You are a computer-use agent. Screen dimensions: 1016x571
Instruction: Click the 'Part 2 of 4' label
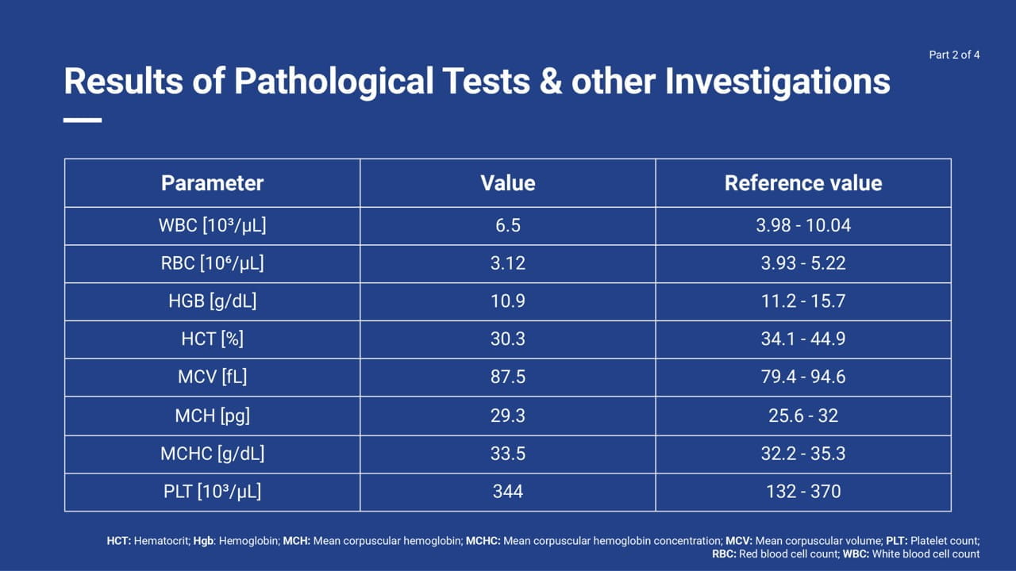[x=954, y=55]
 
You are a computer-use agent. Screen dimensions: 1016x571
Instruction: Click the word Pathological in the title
[x=333, y=82]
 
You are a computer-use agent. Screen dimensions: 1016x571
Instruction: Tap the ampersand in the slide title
[x=551, y=82]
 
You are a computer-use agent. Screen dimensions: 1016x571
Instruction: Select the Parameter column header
[x=212, y=183]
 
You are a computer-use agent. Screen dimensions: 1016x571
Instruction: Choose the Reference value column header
[x=803, y=183]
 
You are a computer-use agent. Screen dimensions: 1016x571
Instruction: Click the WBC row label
[x=212, y=226]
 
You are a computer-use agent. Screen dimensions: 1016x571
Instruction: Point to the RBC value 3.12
[x=507, y=263]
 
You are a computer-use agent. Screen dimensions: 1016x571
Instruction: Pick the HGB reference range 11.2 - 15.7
[x=803, y=301]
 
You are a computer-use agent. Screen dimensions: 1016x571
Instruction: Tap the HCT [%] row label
[x=212, y=339]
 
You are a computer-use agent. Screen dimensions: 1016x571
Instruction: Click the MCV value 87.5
[x=507, y=377]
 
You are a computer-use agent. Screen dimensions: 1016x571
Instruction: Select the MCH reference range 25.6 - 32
[x=803, y=416]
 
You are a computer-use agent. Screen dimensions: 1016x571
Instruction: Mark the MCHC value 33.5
[x=507, y=454]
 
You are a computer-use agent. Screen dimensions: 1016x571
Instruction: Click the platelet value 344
[x=507, y=491]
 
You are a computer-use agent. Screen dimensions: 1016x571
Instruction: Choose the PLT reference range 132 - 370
[x=803, y=491]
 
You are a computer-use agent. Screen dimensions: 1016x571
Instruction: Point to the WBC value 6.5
[x=507, y=225]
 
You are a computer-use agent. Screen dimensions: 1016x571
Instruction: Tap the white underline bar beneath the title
[x=83, y=120]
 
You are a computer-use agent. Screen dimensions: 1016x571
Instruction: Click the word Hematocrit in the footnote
[x=162, y=541]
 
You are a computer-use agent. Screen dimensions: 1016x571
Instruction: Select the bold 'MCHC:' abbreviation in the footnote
[x=483, y=541]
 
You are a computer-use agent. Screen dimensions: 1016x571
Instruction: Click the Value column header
[x=507, y=183]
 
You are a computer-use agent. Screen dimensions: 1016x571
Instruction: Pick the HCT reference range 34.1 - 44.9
[x=803, y=339]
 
